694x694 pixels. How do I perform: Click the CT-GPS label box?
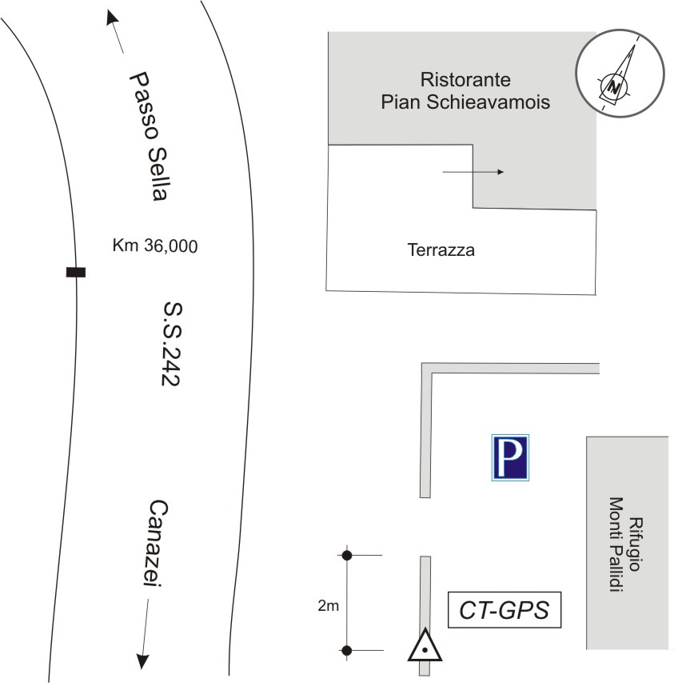click(x=504, y=610)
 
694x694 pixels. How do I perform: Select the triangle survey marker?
click(x=425, y=645)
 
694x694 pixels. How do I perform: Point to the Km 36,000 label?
click(x=155, y=246)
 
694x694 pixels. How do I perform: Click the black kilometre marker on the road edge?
click(x=76, y=273)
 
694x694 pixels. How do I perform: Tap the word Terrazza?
click(x=441, y=250)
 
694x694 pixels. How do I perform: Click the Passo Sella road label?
click(x=150, y=137)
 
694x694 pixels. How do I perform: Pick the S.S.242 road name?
click(x=170, y=344)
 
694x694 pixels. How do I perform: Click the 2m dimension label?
click(x=327, y=606)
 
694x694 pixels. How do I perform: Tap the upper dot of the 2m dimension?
click(x=346, y=555)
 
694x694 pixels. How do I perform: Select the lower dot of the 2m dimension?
click(x=346, y=650)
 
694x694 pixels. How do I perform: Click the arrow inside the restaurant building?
click(x=473, y=172)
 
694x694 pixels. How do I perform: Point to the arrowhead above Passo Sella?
click(x=110, y=18)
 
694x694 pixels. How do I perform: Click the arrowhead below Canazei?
click(x=142, y=660)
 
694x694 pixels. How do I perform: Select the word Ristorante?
click(x=465, y=80)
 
